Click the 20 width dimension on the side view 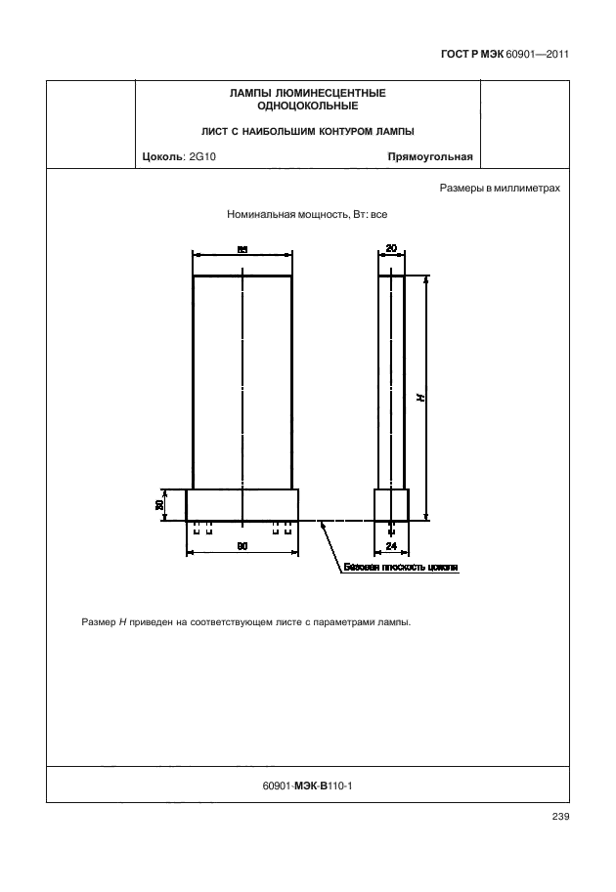point(391,249)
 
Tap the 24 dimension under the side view point(391,546)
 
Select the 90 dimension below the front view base point(242,546)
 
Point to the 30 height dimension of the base point(158,505)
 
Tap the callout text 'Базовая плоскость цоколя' point(400,567)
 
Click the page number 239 point(560,817)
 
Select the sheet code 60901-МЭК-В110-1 point(308,784)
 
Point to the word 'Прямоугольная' point(430,156)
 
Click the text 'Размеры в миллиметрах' point(500,188)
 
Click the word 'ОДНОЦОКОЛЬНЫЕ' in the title point(307,105)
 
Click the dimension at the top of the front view point(242,249)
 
